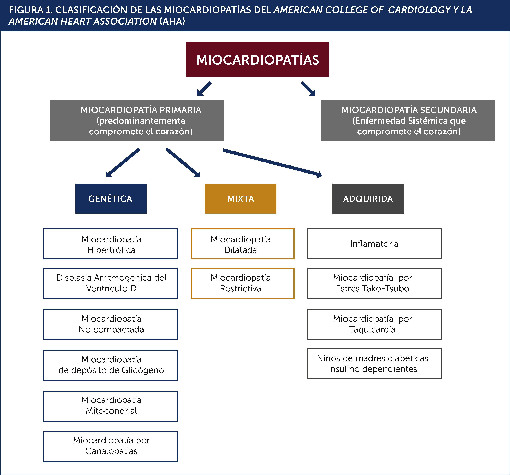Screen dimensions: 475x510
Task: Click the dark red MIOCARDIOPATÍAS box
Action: click(x=257, y=59)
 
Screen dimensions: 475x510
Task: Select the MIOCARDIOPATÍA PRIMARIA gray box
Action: click(x=137, y=120)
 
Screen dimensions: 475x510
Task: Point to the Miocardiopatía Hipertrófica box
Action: click(x=110, y=244)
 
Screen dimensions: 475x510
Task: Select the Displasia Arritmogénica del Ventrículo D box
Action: click(x=110, y=283)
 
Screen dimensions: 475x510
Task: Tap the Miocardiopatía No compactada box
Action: click(x=110, y=324)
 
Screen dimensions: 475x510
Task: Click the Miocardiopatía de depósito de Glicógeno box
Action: click(x=110, y=365)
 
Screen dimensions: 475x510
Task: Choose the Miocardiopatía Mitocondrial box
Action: click(x=110, y=406)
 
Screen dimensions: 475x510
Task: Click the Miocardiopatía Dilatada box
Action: click(x=242, y=244)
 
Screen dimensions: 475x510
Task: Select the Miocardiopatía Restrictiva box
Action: click(x=242, y=283)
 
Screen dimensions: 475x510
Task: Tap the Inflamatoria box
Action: click(x=374, y=244)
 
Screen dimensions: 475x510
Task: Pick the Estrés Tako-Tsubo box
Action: click(x=374, y=283)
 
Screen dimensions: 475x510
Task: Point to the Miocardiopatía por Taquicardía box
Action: click(x=374, y=324)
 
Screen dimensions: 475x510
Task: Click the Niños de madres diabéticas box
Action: click(x=374, y=364)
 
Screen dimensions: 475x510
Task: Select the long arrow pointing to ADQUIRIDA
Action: click(x=272, y=163)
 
